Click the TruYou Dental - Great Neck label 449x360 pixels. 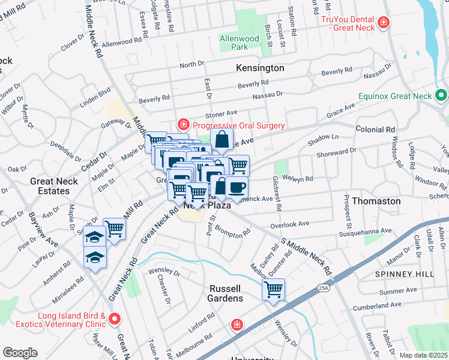point(346,24)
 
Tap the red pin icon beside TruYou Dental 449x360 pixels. point(383,24)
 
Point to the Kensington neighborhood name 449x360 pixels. point(260,68)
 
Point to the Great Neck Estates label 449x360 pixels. point(54,186)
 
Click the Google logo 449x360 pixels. point(20,353)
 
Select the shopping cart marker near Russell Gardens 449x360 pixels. point(273,290)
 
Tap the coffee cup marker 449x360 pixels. point(237,187)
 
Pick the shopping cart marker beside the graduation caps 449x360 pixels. point(114,229)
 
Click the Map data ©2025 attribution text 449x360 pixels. point(424,355)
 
